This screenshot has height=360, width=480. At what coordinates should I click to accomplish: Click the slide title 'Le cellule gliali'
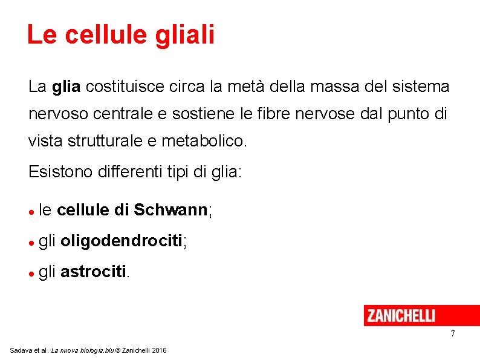[x=120, y=34]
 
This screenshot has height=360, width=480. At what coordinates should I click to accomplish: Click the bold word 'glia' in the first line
[x=66, y=87]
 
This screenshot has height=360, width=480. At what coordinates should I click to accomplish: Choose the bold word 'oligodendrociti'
[x=121, y=241]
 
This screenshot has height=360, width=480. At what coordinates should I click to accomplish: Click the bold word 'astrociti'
[x=93, y=272]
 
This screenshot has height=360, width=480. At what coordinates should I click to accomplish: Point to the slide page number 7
[x=452, y=334]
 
